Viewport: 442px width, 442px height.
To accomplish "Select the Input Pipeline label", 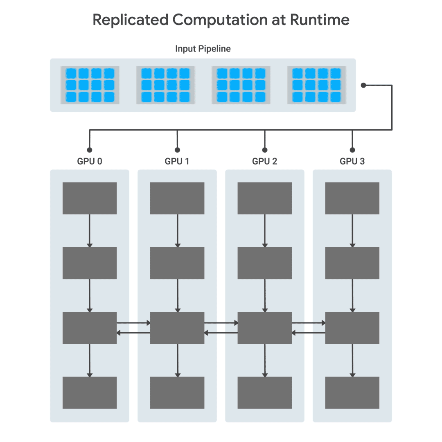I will [x=203, y=49].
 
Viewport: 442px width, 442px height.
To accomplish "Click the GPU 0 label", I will [x=90, y=161].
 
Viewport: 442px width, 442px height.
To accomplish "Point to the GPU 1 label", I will [x=177, y=161].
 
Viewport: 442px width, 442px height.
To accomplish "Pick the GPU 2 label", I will [x=265, y=161].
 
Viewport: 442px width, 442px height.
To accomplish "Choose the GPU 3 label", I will [x=352, y=161].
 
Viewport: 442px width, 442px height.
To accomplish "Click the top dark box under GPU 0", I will [x=90, y=198].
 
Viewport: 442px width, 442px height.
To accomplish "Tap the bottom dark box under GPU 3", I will [x=352, y=392].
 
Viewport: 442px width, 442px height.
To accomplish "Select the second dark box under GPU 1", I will [x=177, y=263].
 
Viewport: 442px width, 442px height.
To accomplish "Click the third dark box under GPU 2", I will [x=265, y=328].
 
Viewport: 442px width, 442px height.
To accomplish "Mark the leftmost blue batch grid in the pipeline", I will [x=90, y=85].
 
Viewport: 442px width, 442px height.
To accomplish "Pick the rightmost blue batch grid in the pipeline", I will [x=317, y=85].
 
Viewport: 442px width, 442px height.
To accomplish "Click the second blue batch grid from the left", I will [x=165, y=85].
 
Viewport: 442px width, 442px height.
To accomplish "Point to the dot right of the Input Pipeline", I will [x=363, y=85].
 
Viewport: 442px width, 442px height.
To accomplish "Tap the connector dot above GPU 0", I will [x=90, y=150].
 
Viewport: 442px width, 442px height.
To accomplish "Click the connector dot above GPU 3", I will [x=352, y=150].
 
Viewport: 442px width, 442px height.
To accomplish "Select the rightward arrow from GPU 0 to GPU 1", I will [x=133, y=323].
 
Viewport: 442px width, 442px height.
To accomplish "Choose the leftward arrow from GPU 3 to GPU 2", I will [x=309, y=333].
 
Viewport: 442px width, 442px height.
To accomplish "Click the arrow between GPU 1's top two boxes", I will [x=177, y=230].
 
